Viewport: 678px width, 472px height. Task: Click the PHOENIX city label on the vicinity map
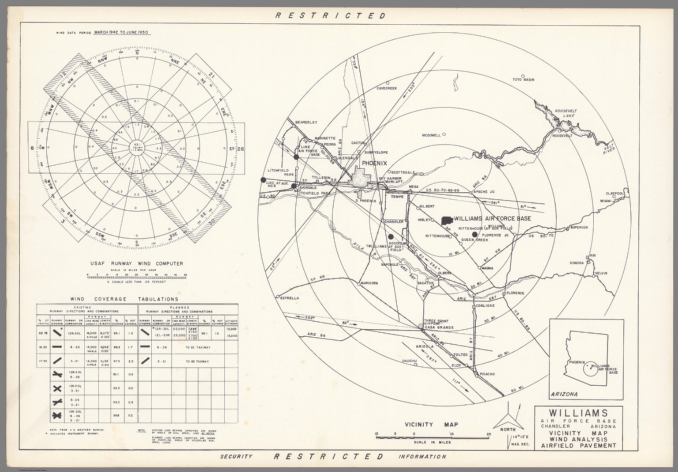pos(375,164)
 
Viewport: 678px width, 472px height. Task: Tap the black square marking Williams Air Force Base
pos(447,220)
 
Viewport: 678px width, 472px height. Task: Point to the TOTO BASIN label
pos(523,80)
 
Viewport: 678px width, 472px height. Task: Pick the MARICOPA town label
pos(370,283)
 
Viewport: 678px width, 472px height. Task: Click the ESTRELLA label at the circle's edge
pos(290,298)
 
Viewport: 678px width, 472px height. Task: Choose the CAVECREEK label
pos(386,88)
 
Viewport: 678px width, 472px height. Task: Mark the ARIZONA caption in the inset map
pos(565,394)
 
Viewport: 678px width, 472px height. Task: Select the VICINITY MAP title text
pos(431,425)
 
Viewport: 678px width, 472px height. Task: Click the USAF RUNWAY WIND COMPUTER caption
pos(136,264)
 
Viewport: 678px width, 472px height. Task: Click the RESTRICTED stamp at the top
pos(331,15)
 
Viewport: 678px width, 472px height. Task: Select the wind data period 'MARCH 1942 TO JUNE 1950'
pos(121,33)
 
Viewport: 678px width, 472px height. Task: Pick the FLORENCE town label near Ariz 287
pos(515,293)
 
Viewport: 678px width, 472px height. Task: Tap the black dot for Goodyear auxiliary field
pos(391,237)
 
